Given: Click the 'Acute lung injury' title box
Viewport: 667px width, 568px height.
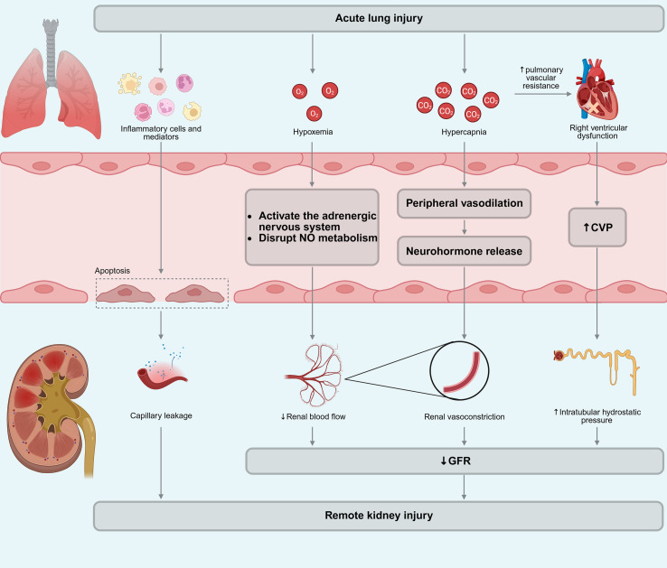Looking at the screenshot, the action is tap(379, 19).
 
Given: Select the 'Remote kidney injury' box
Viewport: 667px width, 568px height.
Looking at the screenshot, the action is tap(379, 516).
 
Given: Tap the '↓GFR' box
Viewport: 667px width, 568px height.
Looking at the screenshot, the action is tap(455, 461).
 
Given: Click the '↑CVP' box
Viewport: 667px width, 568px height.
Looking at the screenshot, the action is tap(597, 228).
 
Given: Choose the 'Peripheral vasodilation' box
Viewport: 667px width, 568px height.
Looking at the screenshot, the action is tap(464, 203).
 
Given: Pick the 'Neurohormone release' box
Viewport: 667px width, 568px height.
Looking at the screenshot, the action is tap(464, 251).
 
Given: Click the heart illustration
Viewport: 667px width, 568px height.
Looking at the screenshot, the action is tap(596, 90).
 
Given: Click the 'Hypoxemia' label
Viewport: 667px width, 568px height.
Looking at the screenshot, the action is tap(313, 132).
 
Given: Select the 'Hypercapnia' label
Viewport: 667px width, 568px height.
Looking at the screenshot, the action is tap(464, 132).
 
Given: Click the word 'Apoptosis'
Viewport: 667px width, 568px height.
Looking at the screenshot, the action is tap(112, 270).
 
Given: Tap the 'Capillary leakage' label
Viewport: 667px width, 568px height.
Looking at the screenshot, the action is tap(161, 415).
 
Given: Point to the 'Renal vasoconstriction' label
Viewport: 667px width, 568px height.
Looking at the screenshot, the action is tap(464, 416).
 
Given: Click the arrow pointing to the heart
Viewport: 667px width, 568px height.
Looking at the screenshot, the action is tap(543, 94).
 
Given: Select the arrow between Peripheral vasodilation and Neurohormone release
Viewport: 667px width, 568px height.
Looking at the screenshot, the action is tap(464, 227).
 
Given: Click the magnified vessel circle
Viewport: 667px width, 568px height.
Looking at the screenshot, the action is tap(459, 370).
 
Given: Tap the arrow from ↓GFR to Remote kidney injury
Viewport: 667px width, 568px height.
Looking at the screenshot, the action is tap(464, 488).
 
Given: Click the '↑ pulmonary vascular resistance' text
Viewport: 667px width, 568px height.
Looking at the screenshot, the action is tap(541, 78).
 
